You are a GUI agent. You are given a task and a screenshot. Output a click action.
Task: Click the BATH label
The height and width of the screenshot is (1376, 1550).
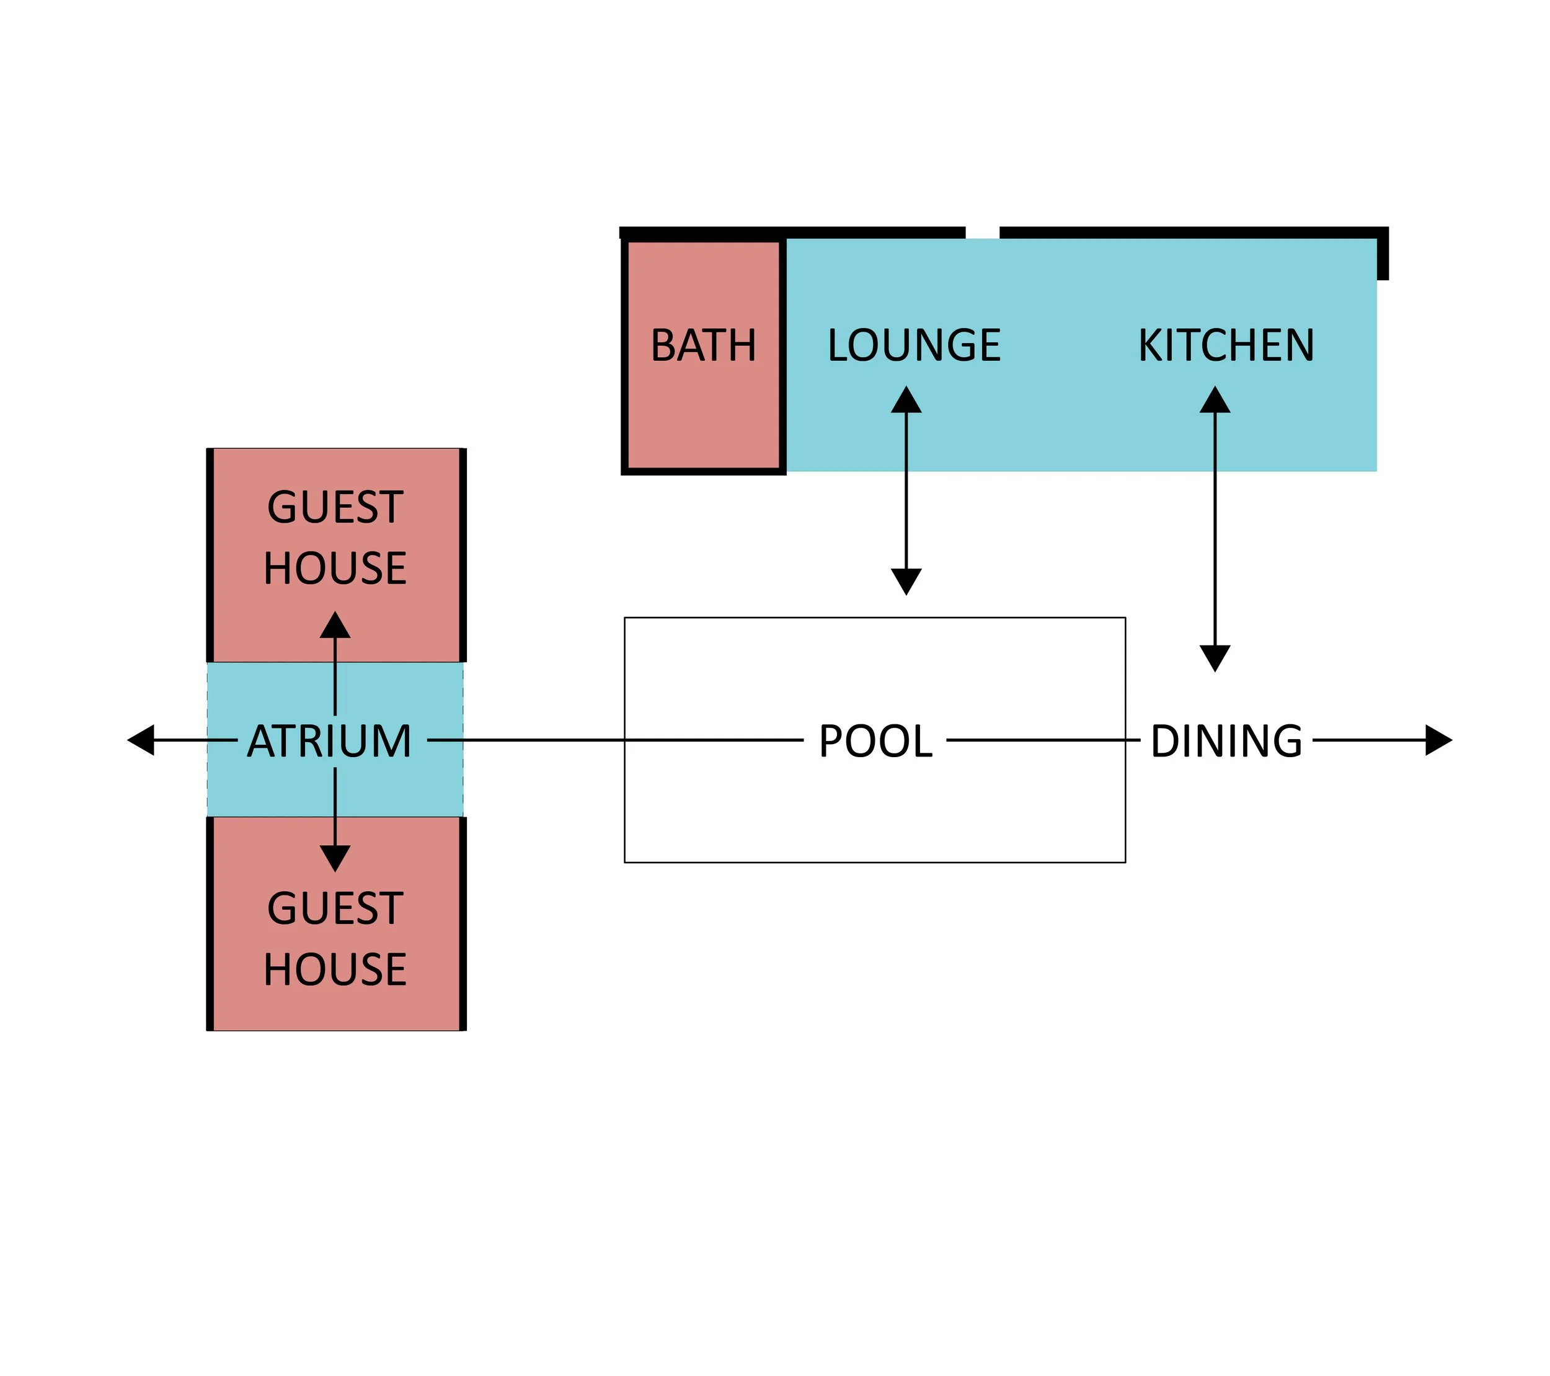tap(703, 346)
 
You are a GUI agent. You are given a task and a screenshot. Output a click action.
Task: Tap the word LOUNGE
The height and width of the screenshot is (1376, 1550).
tap(914, 346)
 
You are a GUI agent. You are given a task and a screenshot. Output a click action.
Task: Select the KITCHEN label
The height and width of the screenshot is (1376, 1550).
tap(1226, 346)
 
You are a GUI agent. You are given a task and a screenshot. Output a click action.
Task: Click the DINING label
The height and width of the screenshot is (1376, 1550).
tap(1226, 741)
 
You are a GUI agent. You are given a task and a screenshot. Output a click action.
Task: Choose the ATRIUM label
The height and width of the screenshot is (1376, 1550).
tap(329, 741)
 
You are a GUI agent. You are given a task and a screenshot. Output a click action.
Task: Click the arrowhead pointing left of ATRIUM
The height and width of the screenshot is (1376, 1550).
tap(142, 740)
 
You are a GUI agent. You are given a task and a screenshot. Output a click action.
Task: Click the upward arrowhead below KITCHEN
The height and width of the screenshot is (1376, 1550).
tap(1214, 401)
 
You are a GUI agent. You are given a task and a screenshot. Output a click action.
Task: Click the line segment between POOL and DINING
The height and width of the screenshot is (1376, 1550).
tap(1043, 740)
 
